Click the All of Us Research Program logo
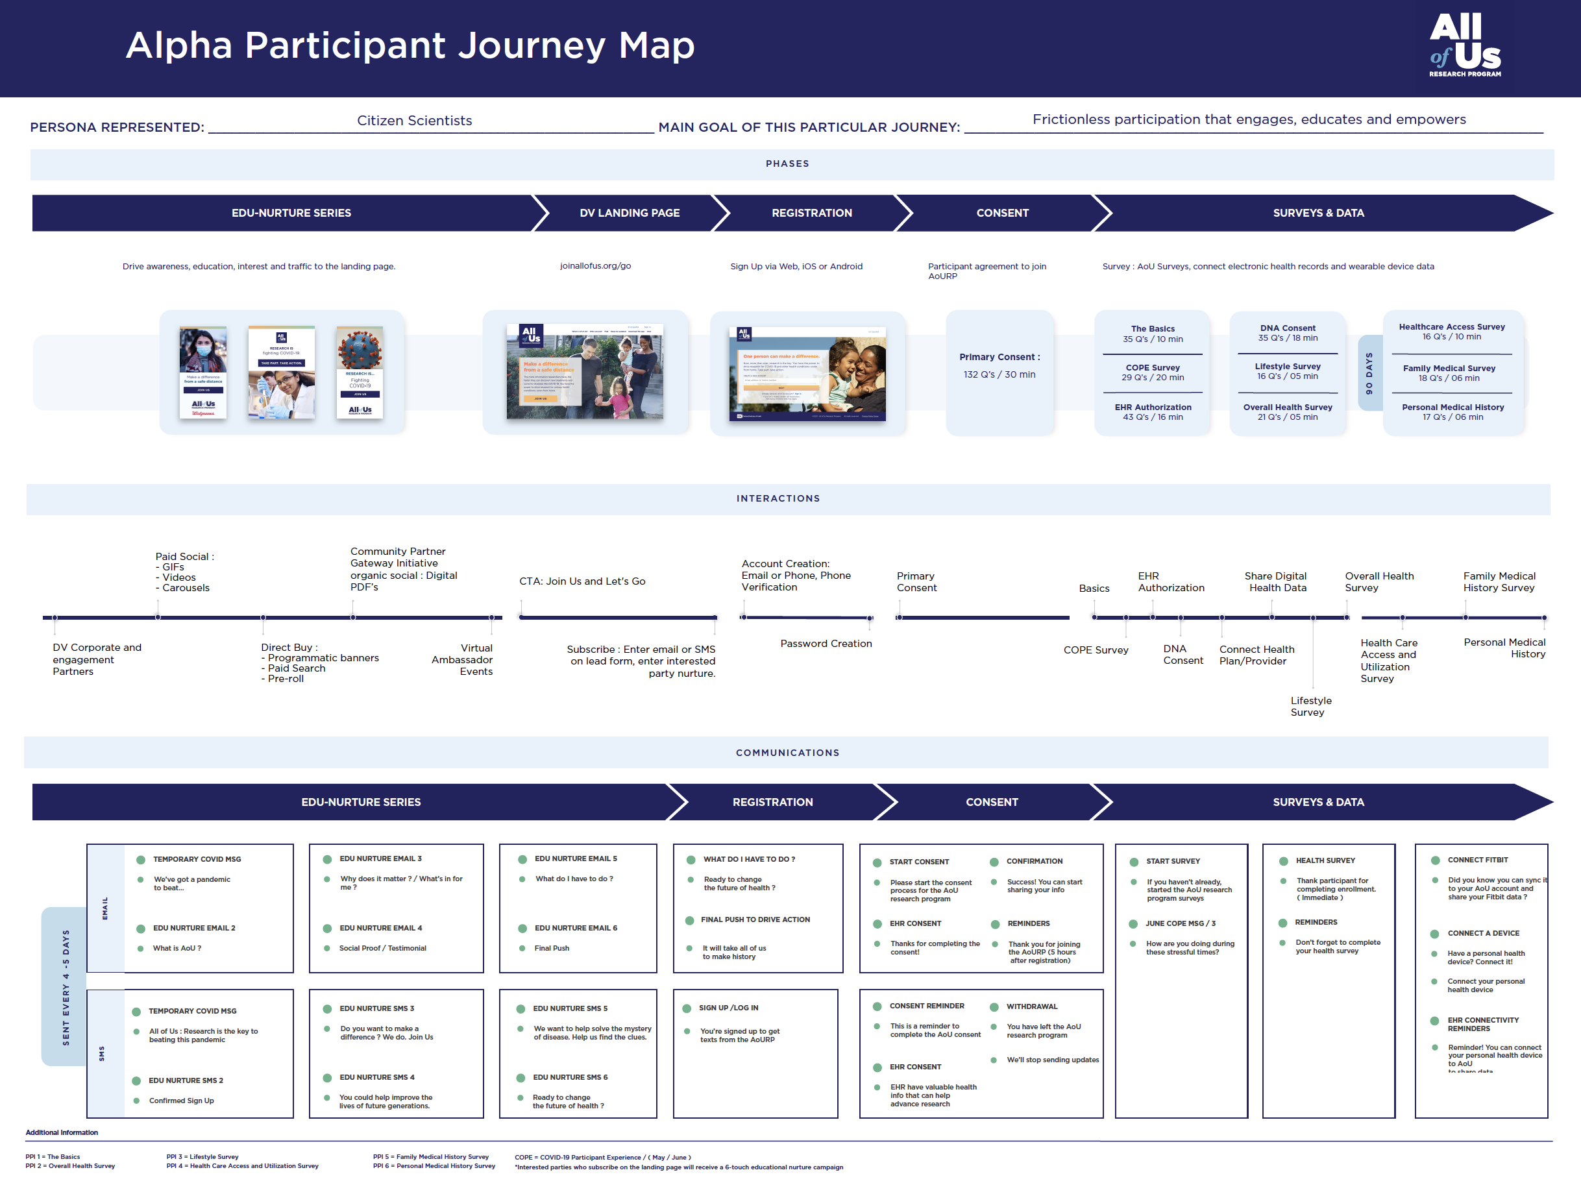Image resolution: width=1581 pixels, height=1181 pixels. click(x=1464, y=44)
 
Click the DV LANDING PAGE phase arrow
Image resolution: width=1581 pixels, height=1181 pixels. click(x=629, y=213)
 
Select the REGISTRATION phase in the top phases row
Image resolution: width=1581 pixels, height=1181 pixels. click(x=811, y=213)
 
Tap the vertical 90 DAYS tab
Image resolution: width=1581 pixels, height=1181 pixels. click(x=1369, y=373)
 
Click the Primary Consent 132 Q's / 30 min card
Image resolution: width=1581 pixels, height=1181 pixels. click(x=999, y=366)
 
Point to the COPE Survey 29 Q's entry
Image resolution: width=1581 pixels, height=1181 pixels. click(x=1152, y=372)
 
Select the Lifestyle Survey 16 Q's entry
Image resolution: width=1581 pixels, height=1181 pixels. click(x=1287, y=371)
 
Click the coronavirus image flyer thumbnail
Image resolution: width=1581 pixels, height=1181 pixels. click(x=360, y=372)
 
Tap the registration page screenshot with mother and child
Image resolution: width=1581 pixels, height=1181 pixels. click(x=807, y=374)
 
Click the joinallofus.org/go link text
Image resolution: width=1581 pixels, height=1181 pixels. click(x=595, y=266)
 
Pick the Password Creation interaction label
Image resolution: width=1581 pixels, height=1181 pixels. click(x=826, y=643)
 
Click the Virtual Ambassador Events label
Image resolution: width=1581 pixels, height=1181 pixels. click(x=463, y=659)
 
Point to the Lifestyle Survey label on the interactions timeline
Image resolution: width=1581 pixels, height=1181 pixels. click(x=1310, y=706)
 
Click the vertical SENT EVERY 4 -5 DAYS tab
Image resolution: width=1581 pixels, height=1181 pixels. click(x=66, y=987)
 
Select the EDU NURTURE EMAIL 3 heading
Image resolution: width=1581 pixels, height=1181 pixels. click(x=380, y=858)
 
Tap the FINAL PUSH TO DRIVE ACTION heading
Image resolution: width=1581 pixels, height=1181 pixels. click(x=755, y=919)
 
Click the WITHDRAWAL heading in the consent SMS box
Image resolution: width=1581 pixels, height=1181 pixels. click(x=1031, y=1006)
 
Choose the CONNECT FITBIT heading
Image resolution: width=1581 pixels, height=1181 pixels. click(x=1477, y=860)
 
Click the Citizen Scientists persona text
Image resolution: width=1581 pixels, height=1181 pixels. click(x=415, y=120)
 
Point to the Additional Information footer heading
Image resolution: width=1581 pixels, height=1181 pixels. click(x=62, y=1132)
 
